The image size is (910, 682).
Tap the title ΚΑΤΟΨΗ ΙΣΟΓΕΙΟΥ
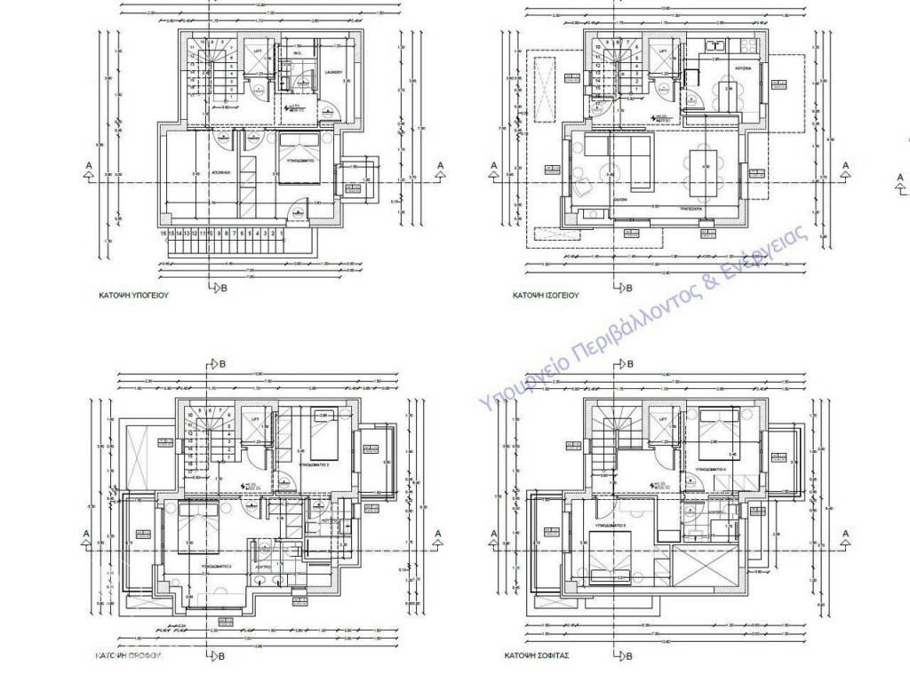(x=546, y=294)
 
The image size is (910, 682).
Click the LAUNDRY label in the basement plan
(x=334, y=73)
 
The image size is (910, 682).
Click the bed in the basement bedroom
(x=302, y=157)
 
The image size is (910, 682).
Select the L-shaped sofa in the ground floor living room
(x=621, y=160)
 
